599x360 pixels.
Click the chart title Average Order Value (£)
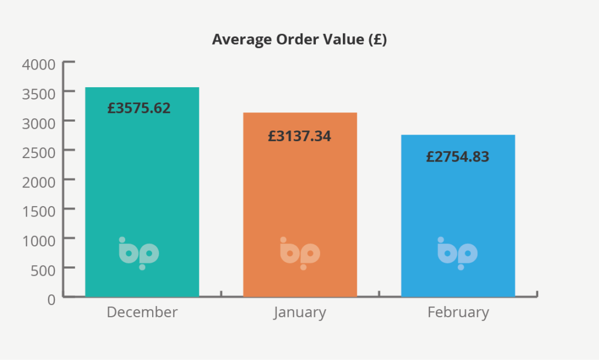(x=299, y=40)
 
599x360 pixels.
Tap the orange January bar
(x=299, y=199)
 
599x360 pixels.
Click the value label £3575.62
(x=139, y=108)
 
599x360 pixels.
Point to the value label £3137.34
(x=299, y=136)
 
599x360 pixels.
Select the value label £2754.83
(x=457, y=157)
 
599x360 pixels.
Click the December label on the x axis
(x=142, y=312)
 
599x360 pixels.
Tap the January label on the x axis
(x=299, y=313)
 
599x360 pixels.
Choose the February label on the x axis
(x=458, y=312)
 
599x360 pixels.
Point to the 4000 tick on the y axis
(x=39, y=64)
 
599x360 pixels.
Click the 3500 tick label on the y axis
(x=39, y=93)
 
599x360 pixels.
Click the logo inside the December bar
(x=139, y=253)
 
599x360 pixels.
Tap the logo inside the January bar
(x=300, y=253)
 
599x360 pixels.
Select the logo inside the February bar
(x=457, y=253)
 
